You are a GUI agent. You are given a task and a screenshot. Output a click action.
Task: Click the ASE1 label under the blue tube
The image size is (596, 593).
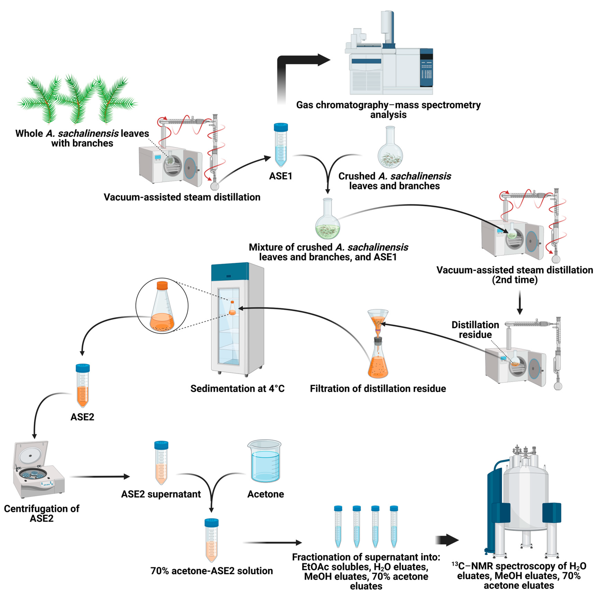(280, 176)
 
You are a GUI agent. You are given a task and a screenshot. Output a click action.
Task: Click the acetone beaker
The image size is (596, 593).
(265, 462)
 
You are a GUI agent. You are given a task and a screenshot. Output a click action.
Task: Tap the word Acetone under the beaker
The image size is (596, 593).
(265, 494)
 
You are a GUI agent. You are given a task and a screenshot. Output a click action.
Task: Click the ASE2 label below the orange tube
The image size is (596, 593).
(82, 417)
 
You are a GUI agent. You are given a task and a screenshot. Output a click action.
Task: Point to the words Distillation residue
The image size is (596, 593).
(475, 330)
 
